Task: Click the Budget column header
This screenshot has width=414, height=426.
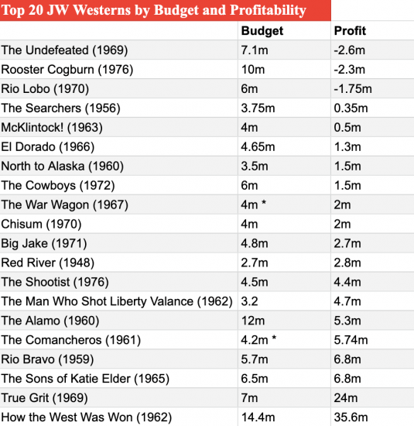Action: (x=262, y=31)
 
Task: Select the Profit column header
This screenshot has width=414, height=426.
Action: (x=350, y=31)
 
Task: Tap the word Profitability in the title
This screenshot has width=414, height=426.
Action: (x=269, y=10)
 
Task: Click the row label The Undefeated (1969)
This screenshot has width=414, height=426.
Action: (x=64, y=50)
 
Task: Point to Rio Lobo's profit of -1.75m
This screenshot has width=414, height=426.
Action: (x=353, y=89)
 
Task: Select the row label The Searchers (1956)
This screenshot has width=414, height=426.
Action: (x=60, y=108)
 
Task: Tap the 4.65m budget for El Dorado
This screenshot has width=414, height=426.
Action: (x=258, y=146)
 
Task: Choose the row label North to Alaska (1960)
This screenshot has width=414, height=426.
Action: (x=63, y=167)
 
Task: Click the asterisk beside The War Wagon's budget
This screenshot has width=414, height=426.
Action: (x=263, y=203)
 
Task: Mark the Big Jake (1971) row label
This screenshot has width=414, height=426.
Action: (x=44, y=243)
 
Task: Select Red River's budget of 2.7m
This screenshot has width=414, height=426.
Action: (x=255, y=263)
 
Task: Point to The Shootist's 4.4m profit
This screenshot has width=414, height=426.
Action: (x=347, y=282)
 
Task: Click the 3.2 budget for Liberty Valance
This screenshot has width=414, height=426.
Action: (x=249, y=301)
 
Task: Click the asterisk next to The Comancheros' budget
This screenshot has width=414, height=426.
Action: (x=274, y=338)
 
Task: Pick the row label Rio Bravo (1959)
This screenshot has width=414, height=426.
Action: (x=47, y=359)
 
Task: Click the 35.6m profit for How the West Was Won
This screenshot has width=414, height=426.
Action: (x=351, y=417)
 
